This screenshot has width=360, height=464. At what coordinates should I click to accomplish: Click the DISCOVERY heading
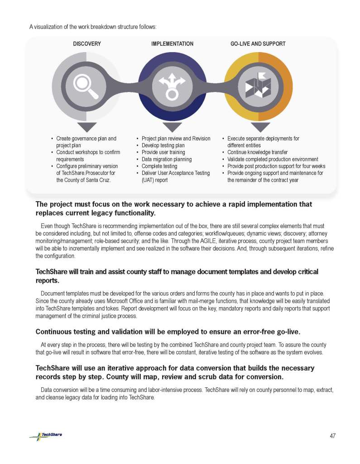(x=87, y=44)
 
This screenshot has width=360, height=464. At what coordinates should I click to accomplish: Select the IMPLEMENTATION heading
(x=172, y=44)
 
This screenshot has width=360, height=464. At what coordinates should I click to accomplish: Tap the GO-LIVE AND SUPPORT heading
(x=258, y=44)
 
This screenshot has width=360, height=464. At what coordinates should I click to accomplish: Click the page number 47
(x=332, y=436)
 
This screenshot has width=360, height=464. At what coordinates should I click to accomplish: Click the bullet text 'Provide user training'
(x=163, y=152)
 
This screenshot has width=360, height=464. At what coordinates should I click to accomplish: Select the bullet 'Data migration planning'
(x=166, y=159)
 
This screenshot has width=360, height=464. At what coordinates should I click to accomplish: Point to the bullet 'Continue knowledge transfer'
(x=257, y=152)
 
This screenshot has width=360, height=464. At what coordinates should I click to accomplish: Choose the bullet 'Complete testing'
(x=159, y=166)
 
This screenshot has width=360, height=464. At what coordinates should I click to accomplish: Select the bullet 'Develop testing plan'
(x=163, y=145)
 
